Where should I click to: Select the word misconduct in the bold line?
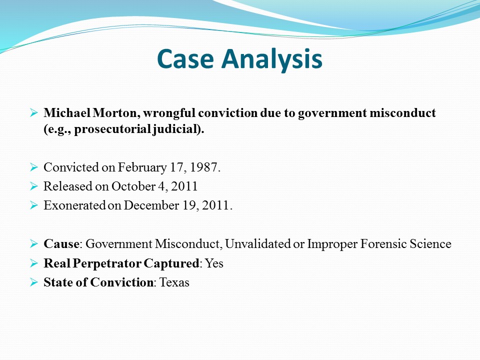pos(402,112)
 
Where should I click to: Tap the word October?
pos(133,186)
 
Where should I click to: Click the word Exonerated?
pos(74,205)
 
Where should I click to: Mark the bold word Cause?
pos(61,244)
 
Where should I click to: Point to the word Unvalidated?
pos(258,244)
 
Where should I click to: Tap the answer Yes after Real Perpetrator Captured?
pos(214,263)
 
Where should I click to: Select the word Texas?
pos(174,282)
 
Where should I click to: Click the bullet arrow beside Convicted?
pos(33,167)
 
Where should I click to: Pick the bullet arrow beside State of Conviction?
pos(33,282)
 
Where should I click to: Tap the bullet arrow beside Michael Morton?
pos(33,113)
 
